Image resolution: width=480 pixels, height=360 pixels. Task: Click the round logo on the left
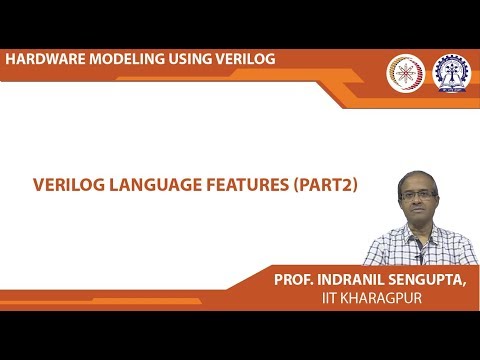tap(405, 72)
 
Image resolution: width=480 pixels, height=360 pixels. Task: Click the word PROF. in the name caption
tap(296, 281)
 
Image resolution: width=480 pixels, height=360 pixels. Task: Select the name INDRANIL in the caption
tap(356, 281)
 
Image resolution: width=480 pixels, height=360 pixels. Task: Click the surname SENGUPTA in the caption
tap(431, 281)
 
